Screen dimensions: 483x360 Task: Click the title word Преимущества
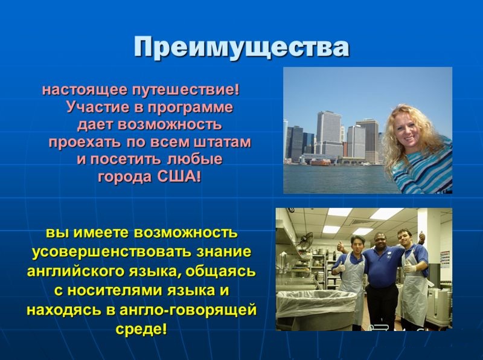coord(241,48)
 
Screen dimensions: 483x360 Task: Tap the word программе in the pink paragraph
coord(190,108)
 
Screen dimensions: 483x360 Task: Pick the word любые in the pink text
coord(194,159)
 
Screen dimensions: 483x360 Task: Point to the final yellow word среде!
coord(141,329)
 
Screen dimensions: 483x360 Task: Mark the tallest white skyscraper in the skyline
coord(328,134)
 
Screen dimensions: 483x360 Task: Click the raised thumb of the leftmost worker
coord(341,245)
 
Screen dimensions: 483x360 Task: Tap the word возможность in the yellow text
coord(186,233)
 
